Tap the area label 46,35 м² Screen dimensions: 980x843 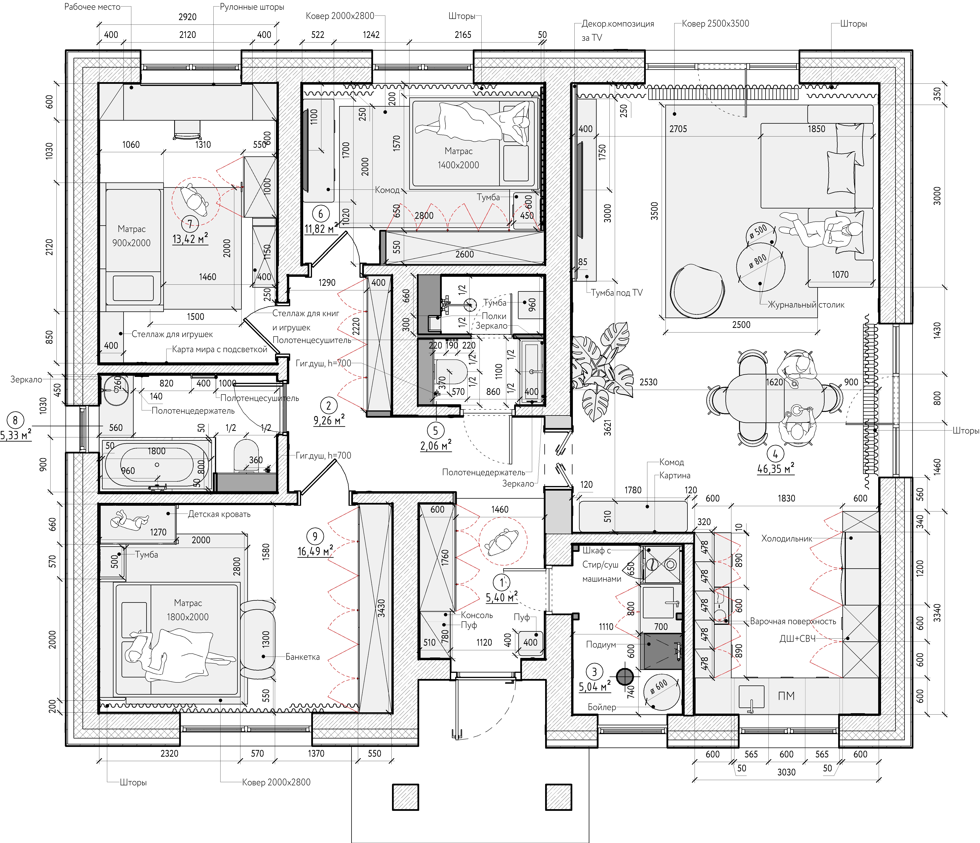coord(776,469)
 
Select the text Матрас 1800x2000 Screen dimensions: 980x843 coord(188,610)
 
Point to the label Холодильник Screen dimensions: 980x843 coord(786,538)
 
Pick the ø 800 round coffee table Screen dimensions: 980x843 coord(760,267)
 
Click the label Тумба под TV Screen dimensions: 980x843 coord(617,293)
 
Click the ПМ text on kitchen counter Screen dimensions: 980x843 coord(786,696)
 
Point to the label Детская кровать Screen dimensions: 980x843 coord(219,514)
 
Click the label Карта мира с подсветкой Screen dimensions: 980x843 coord(220,349)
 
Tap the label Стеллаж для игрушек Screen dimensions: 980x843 coord(172,334)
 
